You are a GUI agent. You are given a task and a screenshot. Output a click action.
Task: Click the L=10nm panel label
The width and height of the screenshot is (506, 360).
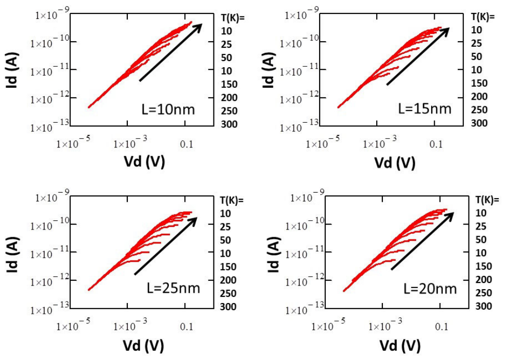tap(168, 109)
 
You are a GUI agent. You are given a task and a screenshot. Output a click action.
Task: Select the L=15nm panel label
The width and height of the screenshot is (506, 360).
tap(425, 108)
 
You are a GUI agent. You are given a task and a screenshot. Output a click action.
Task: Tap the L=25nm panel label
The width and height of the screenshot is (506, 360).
tap(173, 288)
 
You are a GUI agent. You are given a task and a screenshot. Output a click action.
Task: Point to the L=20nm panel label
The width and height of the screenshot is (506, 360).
tap(430, 288)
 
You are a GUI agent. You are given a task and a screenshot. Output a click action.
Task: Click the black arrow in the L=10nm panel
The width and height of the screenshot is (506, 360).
tap(171, 52)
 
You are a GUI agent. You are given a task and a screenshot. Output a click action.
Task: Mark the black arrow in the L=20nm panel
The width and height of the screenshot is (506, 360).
tap(422, 241)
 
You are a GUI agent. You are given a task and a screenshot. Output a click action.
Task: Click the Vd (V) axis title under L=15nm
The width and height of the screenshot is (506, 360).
tap(395, 162)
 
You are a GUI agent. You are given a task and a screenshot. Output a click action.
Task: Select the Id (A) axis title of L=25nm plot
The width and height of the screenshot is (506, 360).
tap(13, 254)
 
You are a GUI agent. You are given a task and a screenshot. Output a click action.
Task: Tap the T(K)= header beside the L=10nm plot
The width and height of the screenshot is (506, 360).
tap(232, 17)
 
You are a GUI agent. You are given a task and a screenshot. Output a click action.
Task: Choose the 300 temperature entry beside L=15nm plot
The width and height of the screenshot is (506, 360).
tap(479, 123)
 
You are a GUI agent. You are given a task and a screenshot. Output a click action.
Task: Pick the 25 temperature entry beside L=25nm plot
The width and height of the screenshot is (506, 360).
tap(226, 227)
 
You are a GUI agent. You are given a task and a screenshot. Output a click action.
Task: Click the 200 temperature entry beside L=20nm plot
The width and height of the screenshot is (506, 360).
tap(484, 279)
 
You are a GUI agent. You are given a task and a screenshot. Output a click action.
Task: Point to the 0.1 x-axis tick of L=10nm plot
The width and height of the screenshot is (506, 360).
tap(186, 144)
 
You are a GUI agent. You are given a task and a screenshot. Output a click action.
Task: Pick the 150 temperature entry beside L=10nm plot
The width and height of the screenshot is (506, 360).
tap(229, 84)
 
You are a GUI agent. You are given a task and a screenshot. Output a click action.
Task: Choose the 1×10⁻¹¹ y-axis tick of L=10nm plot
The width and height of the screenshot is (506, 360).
tap(50, 71)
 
